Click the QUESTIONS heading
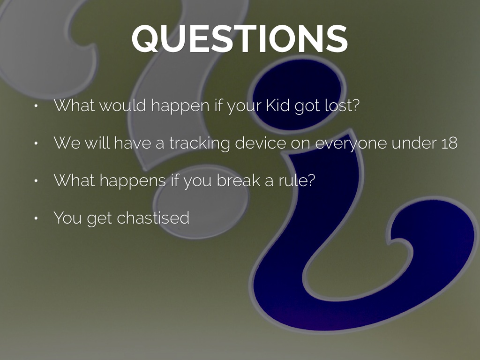click(240, 38)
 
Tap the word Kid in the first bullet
click(277, 105)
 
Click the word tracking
click(199, 143)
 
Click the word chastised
click(153, 217)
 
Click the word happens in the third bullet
click(133, 181)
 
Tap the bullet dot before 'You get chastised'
click(36, 218)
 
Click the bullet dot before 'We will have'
click(36, 143)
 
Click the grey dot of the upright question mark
click(201, 201)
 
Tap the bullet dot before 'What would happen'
click(36, 106)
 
